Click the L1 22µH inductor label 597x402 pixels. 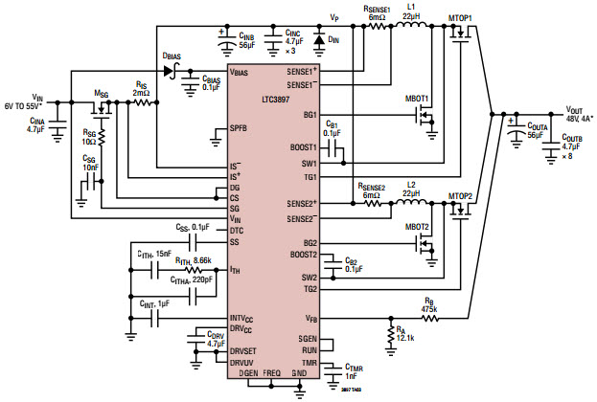pyautogui.click(x=411, y=12)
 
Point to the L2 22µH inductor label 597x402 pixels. pyautogui.click(x=411, y=188)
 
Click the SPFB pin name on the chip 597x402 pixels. pyautogui.click(x=241, y=127)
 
